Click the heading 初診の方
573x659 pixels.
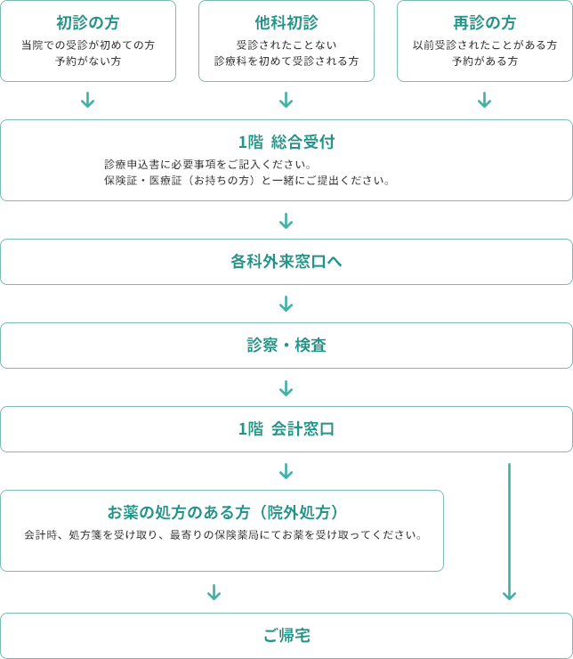coord(88,22)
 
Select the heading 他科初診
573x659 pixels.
coord(286,22)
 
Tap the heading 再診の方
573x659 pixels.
coord(484,22)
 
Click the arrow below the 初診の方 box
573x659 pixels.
coord(88,100)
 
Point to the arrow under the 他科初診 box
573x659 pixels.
coord(286,100)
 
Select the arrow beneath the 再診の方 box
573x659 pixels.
coord(484,100)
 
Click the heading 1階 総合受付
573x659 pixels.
coord(286,142)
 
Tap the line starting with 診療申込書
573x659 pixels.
coord(208,164)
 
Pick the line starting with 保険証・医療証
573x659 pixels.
coord(247,180)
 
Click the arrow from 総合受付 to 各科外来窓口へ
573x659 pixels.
coord(286,221)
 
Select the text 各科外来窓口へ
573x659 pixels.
coord(286,262)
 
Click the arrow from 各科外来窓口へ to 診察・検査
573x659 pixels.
coord(286,304)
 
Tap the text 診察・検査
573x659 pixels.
coord(286,346)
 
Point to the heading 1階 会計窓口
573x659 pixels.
coord(286,429)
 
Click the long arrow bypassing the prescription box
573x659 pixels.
coord(509,532)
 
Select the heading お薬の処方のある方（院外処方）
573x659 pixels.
coord(222,513)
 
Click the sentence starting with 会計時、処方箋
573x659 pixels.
coord(223,535)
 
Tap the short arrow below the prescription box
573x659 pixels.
coord(214,591)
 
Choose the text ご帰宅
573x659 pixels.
coord(286,636)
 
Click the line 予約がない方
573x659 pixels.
coord(88,61)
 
